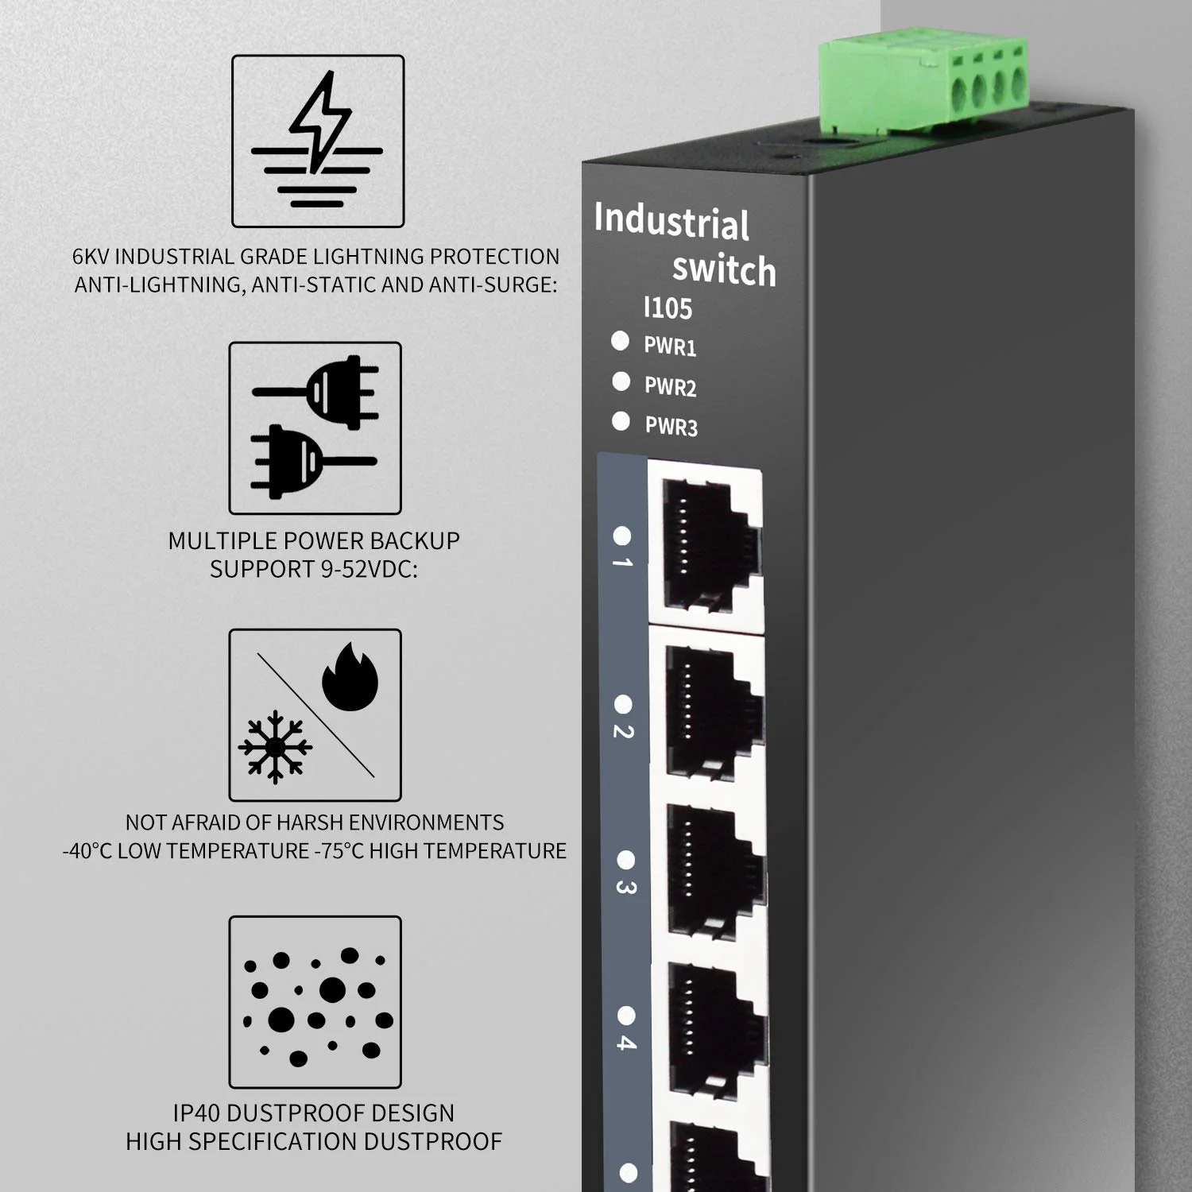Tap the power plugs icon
(315, 428)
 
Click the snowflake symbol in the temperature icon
(275, 747)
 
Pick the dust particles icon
(315, 1002)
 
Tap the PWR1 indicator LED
(620, 341)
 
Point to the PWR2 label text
(670, 386)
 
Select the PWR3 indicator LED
(621, 421)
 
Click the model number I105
(668, 308)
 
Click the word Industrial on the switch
(671, 221)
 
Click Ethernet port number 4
(712, 1029)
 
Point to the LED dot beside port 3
(626, 860)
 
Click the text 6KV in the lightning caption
(90, 257)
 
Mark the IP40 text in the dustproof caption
(195, 1113)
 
